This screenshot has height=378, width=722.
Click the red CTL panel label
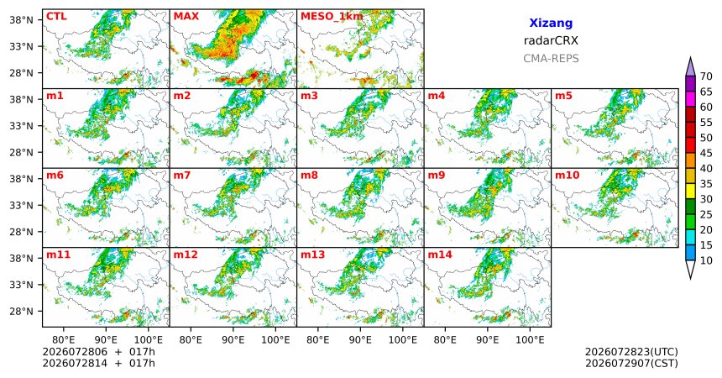(56, 17)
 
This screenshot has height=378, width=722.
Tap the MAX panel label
(186, 17)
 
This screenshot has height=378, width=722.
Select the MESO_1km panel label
(332, 17)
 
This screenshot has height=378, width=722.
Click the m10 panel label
(567, 176)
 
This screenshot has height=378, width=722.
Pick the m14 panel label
(440, 255)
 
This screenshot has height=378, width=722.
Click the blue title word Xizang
(551, 23)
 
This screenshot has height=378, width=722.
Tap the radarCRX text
(551, 40)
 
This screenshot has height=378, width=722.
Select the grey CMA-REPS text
(551, 59)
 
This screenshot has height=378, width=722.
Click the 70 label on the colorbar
(706, 76)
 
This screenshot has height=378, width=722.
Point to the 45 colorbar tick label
(706, 153)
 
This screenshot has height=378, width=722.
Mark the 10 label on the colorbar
(706, 260)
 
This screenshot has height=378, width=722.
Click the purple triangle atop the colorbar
(690, 68)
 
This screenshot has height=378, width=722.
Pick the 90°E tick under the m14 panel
(488, 340)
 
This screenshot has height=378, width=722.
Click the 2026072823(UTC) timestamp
(631, 352)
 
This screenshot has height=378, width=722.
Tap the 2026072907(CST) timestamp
(631, 363)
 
